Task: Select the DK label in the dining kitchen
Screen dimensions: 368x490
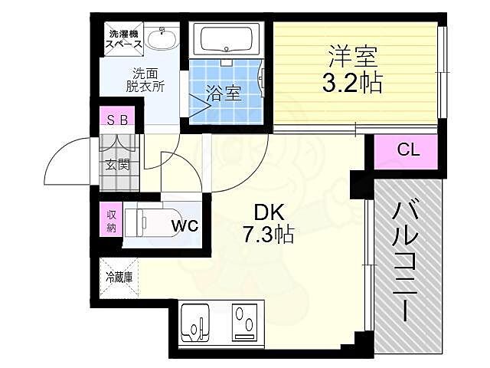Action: pyautogui.click(x=259, y=212)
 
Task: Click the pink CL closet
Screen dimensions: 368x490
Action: pyautogui.click(x=407, y=150)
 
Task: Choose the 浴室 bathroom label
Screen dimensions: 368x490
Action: pyautogui.click(x=224, y=94)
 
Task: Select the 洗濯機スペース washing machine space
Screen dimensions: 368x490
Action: pyautogui.click(x=124, y=39)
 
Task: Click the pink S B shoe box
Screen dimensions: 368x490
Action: pyautogui.click(x=119, y=120)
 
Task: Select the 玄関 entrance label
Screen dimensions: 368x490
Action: pyautogui.click(x=118, y=163)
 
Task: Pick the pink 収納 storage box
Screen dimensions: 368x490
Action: pyautogui.click(x=111, y=221)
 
